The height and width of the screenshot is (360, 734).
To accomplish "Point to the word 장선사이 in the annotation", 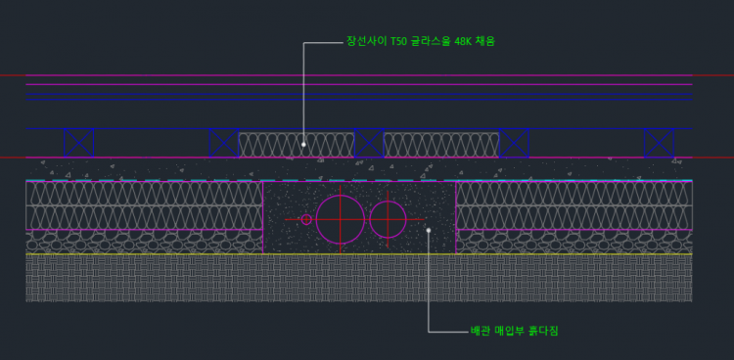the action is [x=367, y=42].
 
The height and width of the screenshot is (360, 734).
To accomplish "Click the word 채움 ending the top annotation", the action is [x=485, y=42].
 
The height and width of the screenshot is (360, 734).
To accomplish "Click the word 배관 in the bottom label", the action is [x=481, y=331].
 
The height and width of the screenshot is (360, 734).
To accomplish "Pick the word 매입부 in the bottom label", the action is [x=510, y=331].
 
